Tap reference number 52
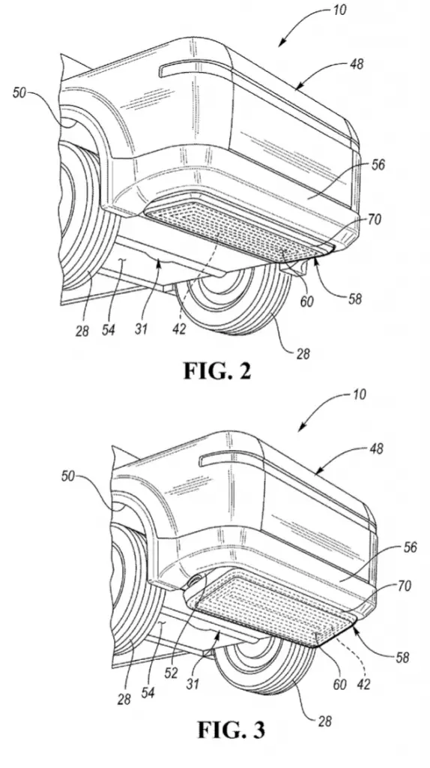[x=172, y=673]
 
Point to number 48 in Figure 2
[x=357, y=64]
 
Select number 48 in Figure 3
[x=376, y=448]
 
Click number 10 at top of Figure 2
[x=339, y=10]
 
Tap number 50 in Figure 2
[x=19, y=92]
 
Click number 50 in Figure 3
[x=68, y=475]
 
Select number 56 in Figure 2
[x=377, y=164]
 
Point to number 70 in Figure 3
[x=404, y=585]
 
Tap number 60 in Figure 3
[x=339, y=684]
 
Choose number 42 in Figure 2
[x=180, y=329]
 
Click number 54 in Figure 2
[x=108, y=330]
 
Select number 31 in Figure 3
[x=193, y=682]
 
